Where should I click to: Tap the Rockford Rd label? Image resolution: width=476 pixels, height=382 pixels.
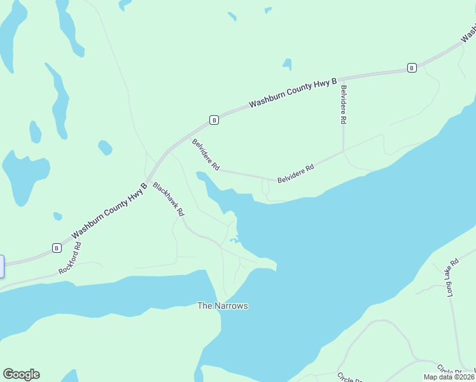(x=70, y=258)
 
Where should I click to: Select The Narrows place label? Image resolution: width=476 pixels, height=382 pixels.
(x=222, y=306)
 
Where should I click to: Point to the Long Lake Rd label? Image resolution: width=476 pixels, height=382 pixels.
(x=452, y=278)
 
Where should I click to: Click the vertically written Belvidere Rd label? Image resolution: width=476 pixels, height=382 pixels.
(x=343, y=104)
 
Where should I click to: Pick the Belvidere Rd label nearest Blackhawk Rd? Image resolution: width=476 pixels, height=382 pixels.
(x=206, y=155)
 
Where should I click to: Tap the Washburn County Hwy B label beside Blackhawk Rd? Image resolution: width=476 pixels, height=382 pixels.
(x=109, y=208)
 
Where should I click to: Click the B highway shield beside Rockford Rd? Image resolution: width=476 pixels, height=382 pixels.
(x=56, y=248)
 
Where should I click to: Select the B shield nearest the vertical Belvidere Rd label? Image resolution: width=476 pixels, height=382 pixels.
(x=412, y=68)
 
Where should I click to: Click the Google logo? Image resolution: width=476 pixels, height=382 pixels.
(x=21, y=374)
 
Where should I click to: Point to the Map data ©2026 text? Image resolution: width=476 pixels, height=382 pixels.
(x=449, y=377)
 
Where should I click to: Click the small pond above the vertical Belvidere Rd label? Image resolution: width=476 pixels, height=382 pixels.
(x=288, y=64)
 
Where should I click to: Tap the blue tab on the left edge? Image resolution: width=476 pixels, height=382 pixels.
(x=2, y=265)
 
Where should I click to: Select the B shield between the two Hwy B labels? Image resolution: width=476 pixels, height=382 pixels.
(x=214, y=119)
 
